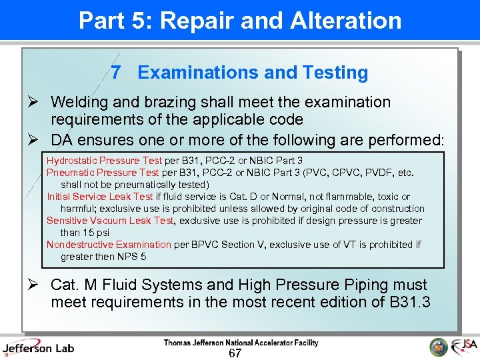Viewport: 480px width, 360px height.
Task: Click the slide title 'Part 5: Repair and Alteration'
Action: coord(240,21)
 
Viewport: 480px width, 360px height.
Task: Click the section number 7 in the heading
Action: coord(117,73)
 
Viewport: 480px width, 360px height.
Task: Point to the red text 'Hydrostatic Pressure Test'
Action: coord(104,161)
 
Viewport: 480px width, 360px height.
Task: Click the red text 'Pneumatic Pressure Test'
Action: coord(103,173)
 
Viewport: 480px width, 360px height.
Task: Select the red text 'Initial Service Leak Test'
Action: coord(100,197)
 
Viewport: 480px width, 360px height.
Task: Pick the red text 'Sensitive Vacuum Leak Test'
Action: coord(110,221)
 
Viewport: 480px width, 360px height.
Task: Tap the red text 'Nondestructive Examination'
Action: coord(109,245)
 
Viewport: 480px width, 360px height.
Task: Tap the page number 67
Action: coord(235,353)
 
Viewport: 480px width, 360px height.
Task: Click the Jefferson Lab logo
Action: coord(38,347)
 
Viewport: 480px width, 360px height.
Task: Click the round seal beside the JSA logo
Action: coord(439,347)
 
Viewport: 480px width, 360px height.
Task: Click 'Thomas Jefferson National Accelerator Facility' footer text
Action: coord(241,343)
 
